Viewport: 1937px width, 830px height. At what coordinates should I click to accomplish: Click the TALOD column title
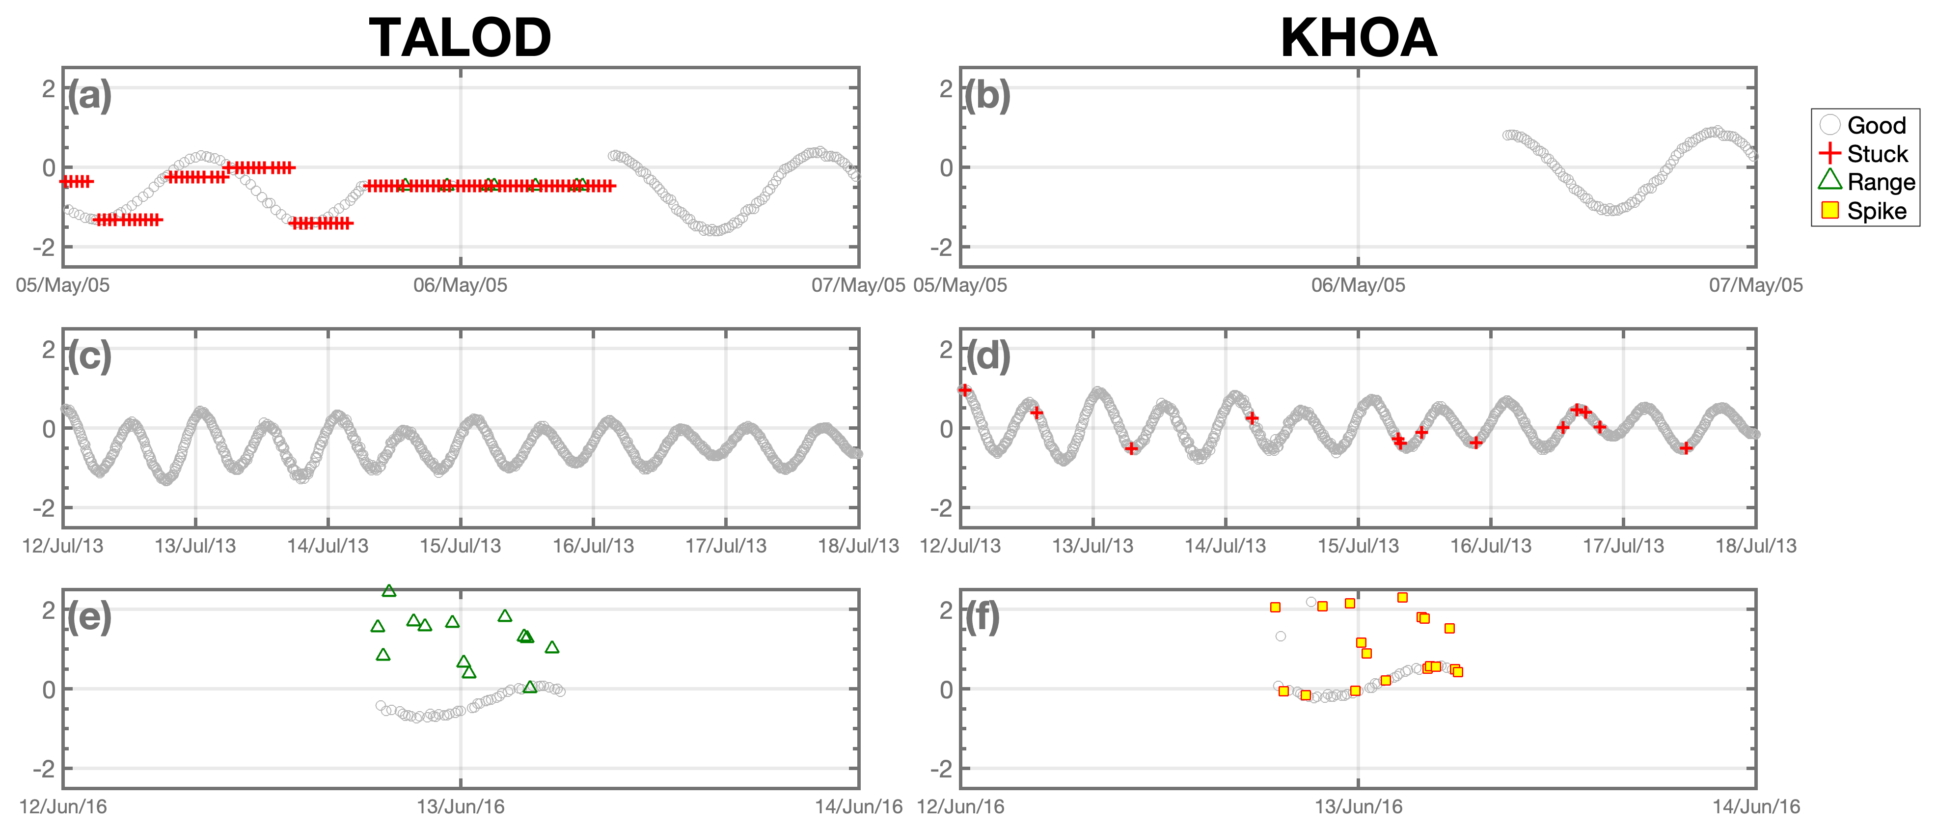[x=460, y=38]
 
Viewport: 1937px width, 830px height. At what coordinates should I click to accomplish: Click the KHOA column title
[x=1358, y=38]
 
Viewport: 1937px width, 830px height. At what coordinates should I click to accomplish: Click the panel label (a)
[x=89, y=96]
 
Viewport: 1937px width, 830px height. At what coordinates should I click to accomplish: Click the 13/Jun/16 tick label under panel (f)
[x=1358, y=807]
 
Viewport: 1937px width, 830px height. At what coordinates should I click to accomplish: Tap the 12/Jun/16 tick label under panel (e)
[x=63, y=807]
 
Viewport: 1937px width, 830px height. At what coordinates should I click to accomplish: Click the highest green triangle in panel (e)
[x=389, y=591]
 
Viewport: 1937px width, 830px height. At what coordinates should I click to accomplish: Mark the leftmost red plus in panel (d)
[x=965, y=389]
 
